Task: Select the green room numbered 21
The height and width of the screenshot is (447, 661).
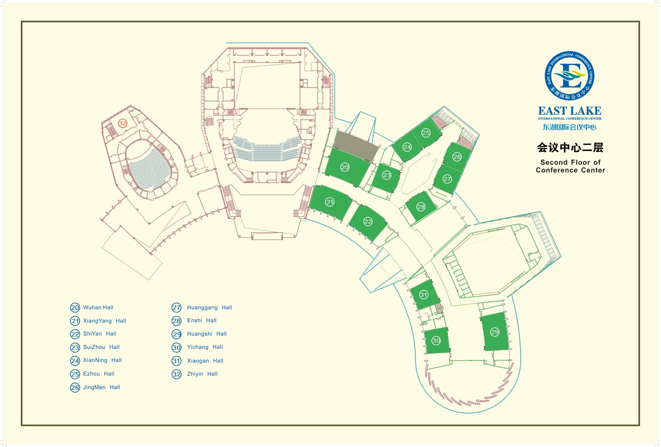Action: coord(330,203)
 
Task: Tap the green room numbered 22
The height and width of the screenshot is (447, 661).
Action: coord(368,222)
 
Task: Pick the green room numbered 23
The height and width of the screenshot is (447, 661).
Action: coord(386,176)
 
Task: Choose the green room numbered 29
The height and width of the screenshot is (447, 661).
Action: coord(495,332)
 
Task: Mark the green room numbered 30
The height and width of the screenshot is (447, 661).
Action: coord(436,341)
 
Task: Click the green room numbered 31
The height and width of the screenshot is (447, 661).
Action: coord(424,295)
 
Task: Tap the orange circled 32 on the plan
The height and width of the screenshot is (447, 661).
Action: coord(123,123)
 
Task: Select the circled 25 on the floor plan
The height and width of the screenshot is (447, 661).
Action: coord(426,133)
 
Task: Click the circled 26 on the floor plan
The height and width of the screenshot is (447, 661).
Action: coord(457,157)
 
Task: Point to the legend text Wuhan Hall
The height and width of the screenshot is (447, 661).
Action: coord(98,308)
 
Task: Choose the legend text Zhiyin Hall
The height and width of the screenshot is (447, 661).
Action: coord(202,374)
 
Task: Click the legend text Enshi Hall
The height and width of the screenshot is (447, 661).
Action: coord(202,320)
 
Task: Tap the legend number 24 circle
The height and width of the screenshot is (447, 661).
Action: coord(75,361)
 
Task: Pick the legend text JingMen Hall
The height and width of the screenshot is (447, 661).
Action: coord(101,387)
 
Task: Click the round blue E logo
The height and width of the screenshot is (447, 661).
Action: coord(570,76)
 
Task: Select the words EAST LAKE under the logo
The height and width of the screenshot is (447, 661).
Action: coord(570,111)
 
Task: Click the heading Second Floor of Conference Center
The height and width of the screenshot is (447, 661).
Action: coord(570,166)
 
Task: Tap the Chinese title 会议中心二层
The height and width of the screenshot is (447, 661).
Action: coord(570,148)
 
